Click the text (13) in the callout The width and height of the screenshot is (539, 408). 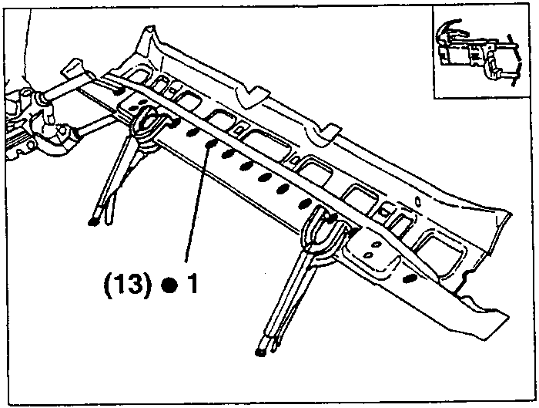[x=128, y=285]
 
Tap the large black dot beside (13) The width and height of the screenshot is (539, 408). [x=170, y=286]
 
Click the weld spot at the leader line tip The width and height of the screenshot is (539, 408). [x=211, y=144]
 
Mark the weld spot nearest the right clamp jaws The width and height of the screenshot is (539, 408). [x=305, y=204]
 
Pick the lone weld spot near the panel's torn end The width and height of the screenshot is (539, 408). [x=407, y=278]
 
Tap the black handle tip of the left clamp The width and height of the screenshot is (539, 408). [x=92, y=222]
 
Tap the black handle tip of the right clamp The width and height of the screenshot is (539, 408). [x=260, y=352]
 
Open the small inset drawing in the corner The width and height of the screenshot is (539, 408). [x=480, y=52]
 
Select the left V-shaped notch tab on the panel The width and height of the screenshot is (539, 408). [x=253, y=96]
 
